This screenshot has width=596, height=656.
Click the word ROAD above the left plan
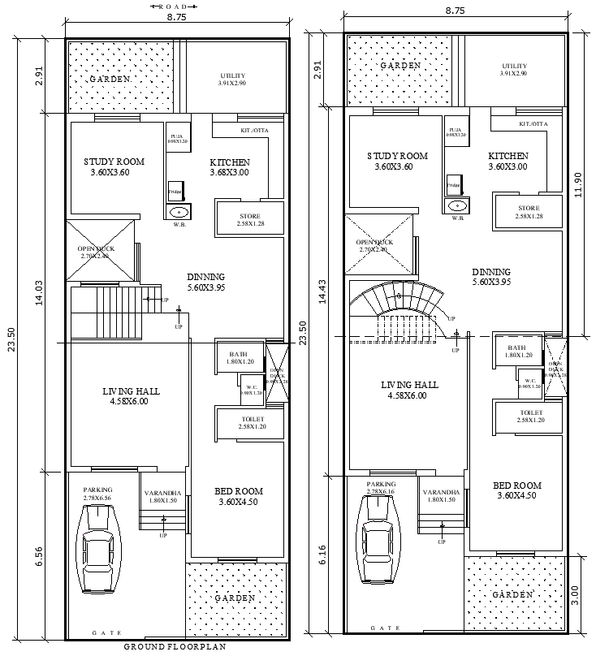pos(174,6)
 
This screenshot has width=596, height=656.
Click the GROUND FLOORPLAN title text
pos(174,647)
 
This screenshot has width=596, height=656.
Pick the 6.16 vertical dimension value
pos(322,555)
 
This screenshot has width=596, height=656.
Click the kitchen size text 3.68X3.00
pos(229,172)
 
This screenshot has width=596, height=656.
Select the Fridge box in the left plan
pos(175,192)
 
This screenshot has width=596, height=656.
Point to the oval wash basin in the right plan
pos(457,206)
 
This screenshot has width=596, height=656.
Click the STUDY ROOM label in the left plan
pos(114,162)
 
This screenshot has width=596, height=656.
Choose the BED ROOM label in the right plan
pos(517,486)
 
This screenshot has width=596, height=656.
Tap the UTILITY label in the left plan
pos(236,76)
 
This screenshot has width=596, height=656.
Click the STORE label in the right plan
pos(527,207)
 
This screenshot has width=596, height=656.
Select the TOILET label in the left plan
pos(252,418)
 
